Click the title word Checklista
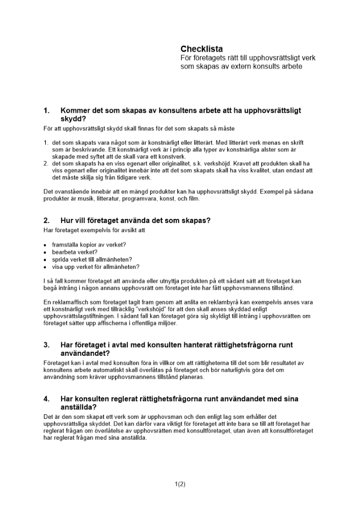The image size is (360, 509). click(202, 49)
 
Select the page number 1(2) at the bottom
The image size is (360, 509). click(180, 484)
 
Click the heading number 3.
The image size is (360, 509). click(47, 345)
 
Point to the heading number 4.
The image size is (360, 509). click(47, 399)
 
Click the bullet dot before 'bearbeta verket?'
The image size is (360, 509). click(46, 252)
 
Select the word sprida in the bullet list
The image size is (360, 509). click(61, 259)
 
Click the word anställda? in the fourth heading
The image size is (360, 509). click(78, 407)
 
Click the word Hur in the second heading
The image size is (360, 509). click(68, 220)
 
